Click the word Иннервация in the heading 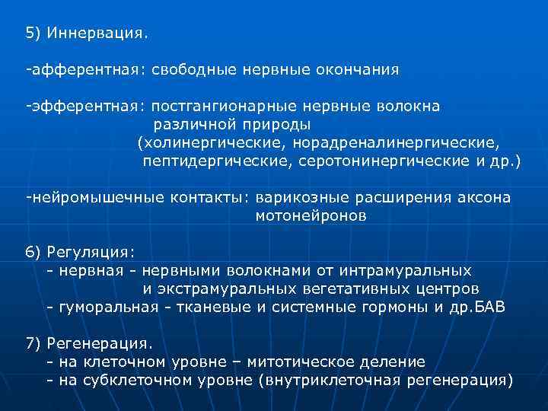97,33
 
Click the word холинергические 205,142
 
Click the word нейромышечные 86,197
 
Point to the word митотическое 311,362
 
